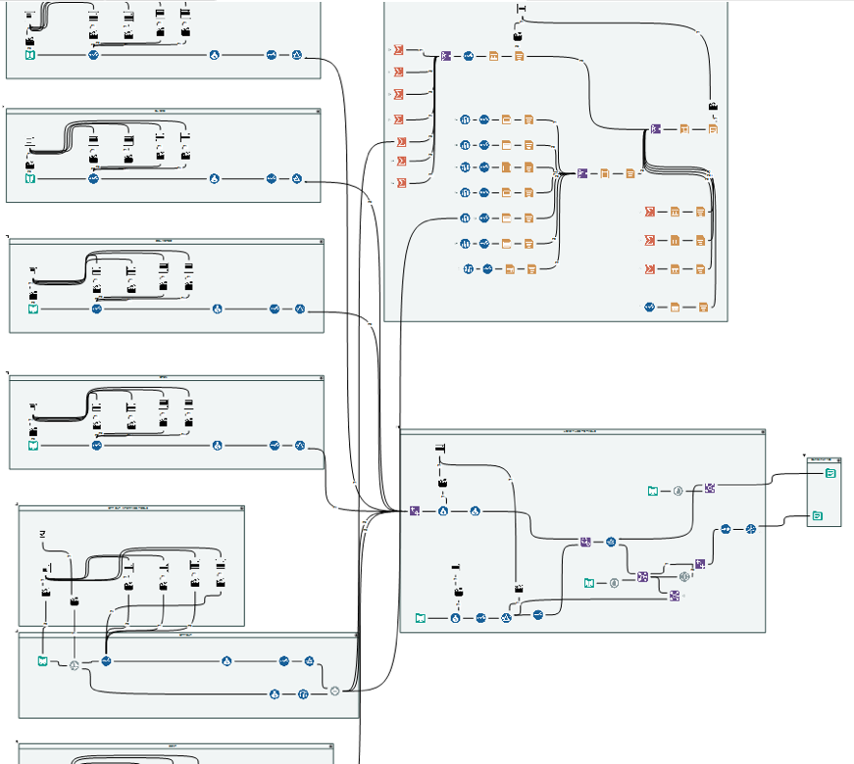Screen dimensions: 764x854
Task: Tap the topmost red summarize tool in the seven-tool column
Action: (399, 49)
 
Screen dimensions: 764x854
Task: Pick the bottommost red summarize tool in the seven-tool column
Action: (399, 183)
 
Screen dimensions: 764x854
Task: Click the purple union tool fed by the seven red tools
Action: (446, 57)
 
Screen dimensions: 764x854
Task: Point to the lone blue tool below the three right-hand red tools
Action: (649, 308)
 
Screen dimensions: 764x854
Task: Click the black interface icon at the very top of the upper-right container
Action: (522, 10)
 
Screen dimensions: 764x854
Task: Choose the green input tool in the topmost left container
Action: (30, 55)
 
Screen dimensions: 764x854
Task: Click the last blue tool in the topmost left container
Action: (297, 55)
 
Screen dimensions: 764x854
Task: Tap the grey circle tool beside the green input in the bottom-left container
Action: (74, 665)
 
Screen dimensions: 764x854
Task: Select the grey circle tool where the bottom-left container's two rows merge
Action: (335, 691)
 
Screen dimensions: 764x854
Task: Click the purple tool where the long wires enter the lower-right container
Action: (416, 510)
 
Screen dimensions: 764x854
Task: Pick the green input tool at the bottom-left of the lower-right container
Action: (421, 618)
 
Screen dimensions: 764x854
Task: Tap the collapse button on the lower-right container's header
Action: (759, 431)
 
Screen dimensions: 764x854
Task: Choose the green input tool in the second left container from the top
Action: (30, 179)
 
